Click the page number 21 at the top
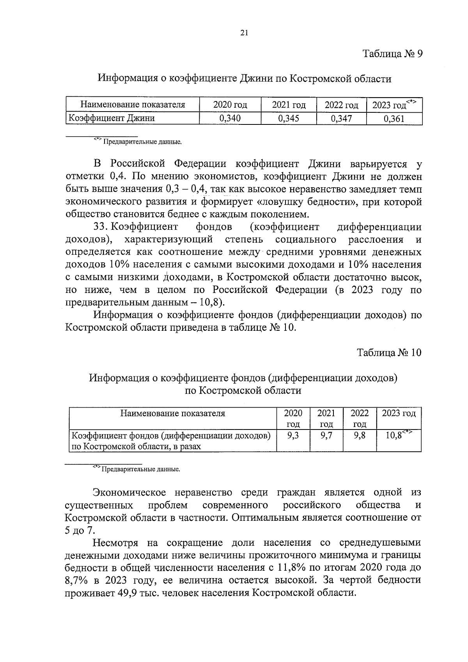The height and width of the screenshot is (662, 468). pyautogui.click(x=244, y=33)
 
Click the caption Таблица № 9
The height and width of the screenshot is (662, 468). pyautogui.click(x=392, y=54)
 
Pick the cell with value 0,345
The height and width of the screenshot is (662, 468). pyautogui.click(x=289, y=119)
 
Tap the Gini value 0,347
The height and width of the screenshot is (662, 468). pyautogui.click(x=341, y=119)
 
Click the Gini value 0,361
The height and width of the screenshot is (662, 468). pyautogui.click(x=394, y=119)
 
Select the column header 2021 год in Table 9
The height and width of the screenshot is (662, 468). pyautogui.click(x=289, y=105)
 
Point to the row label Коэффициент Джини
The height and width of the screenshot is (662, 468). pyautogui.click(x=112, y=118)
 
